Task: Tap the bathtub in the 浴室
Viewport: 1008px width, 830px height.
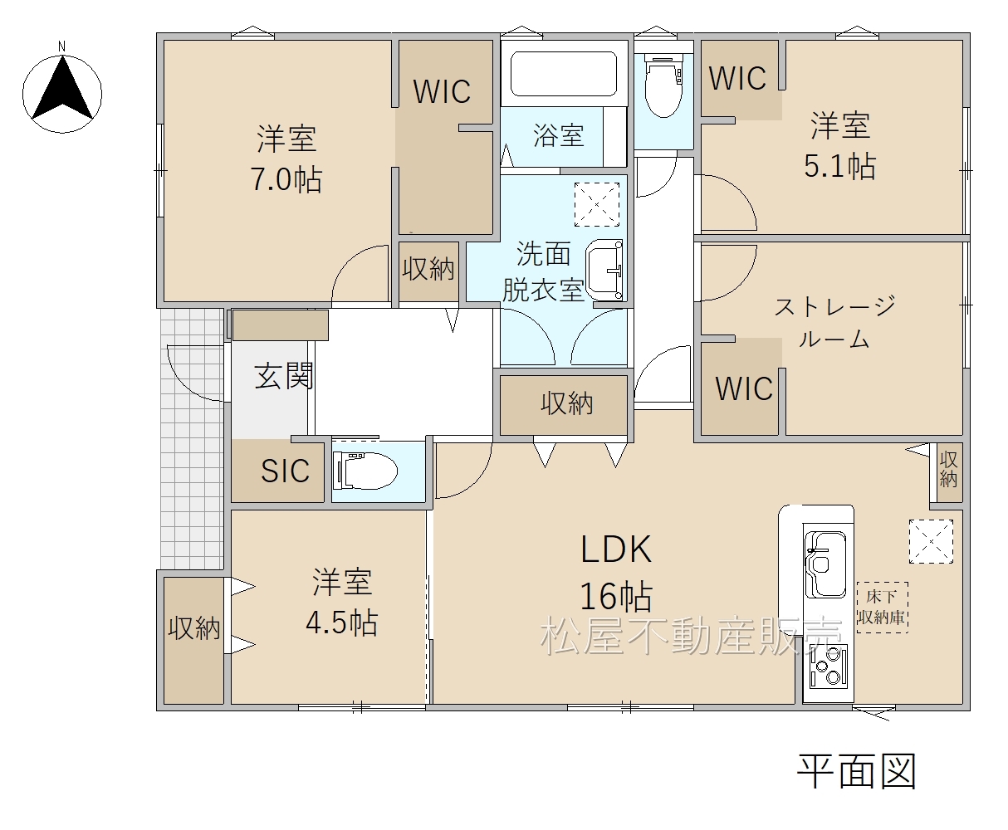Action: (x=564, y=74)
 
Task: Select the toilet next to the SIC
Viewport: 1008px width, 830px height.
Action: (x=365, y=471)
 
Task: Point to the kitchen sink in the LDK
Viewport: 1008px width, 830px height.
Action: (x=825, y=564)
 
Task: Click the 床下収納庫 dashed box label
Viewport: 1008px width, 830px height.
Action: (x=882, y=607)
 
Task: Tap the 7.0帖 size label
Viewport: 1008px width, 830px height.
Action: (x=286, y=179)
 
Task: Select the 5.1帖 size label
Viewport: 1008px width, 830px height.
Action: (x=839, y=167)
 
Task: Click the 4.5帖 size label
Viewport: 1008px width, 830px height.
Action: (x=342, y=622)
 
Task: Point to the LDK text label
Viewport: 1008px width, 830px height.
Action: (x=616, y=549)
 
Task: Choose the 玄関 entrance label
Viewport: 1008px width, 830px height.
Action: (x=284, y=376)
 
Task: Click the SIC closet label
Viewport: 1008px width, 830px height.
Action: (x=285, y=471)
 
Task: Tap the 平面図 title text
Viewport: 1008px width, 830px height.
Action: (x=856, y=771)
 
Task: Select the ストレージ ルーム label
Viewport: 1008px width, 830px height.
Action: (x=834, y=322)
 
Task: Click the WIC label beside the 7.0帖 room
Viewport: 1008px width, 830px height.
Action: (x=442, y=91)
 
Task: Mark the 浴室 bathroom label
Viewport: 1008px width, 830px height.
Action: (x=559, y=135)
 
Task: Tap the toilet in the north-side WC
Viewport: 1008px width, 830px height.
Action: (x=663, y=85)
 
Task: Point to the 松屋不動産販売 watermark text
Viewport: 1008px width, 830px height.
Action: (x=691, y=637)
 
